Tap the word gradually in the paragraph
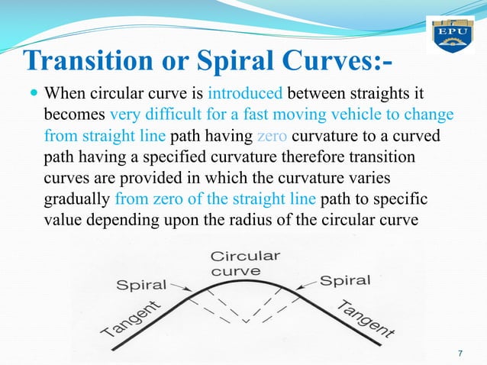pos(77,199)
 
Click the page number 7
pos(460,352)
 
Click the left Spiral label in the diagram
pos(141,286)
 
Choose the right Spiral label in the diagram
pos(345,280)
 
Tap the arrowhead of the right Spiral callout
pos(298,291)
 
